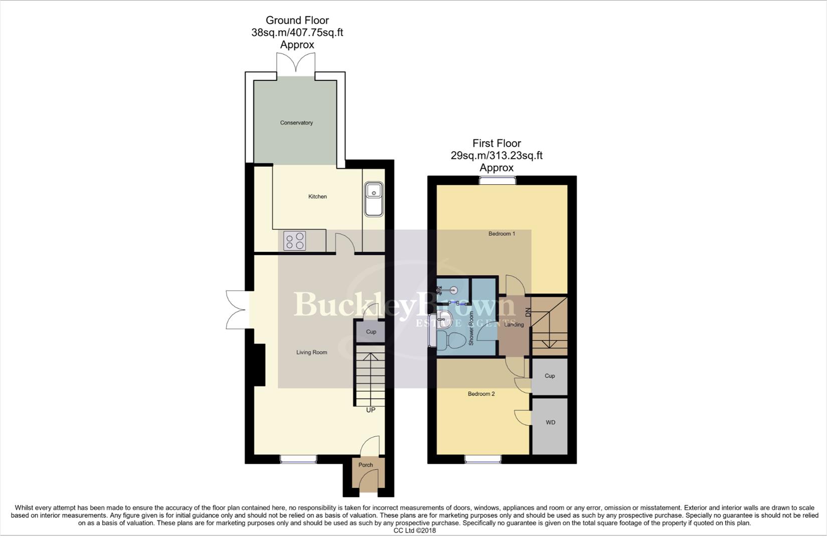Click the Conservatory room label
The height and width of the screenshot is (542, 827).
296,123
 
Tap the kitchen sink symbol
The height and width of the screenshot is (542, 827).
374,199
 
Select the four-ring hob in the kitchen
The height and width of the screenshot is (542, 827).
295,240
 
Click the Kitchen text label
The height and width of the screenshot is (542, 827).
317,197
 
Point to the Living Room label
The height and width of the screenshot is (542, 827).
311,352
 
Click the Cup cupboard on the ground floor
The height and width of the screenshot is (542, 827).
371,332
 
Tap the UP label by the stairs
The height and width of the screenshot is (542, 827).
371,410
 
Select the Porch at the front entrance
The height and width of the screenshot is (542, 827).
366,465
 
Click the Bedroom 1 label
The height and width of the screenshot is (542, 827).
502,234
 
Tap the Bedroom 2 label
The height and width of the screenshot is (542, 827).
481,394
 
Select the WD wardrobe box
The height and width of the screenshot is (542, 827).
550,423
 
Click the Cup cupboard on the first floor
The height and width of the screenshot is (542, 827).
550,376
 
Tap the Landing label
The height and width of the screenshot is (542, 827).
514,325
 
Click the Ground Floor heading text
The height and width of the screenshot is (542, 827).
297,21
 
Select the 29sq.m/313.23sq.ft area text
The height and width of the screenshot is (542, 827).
497,156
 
